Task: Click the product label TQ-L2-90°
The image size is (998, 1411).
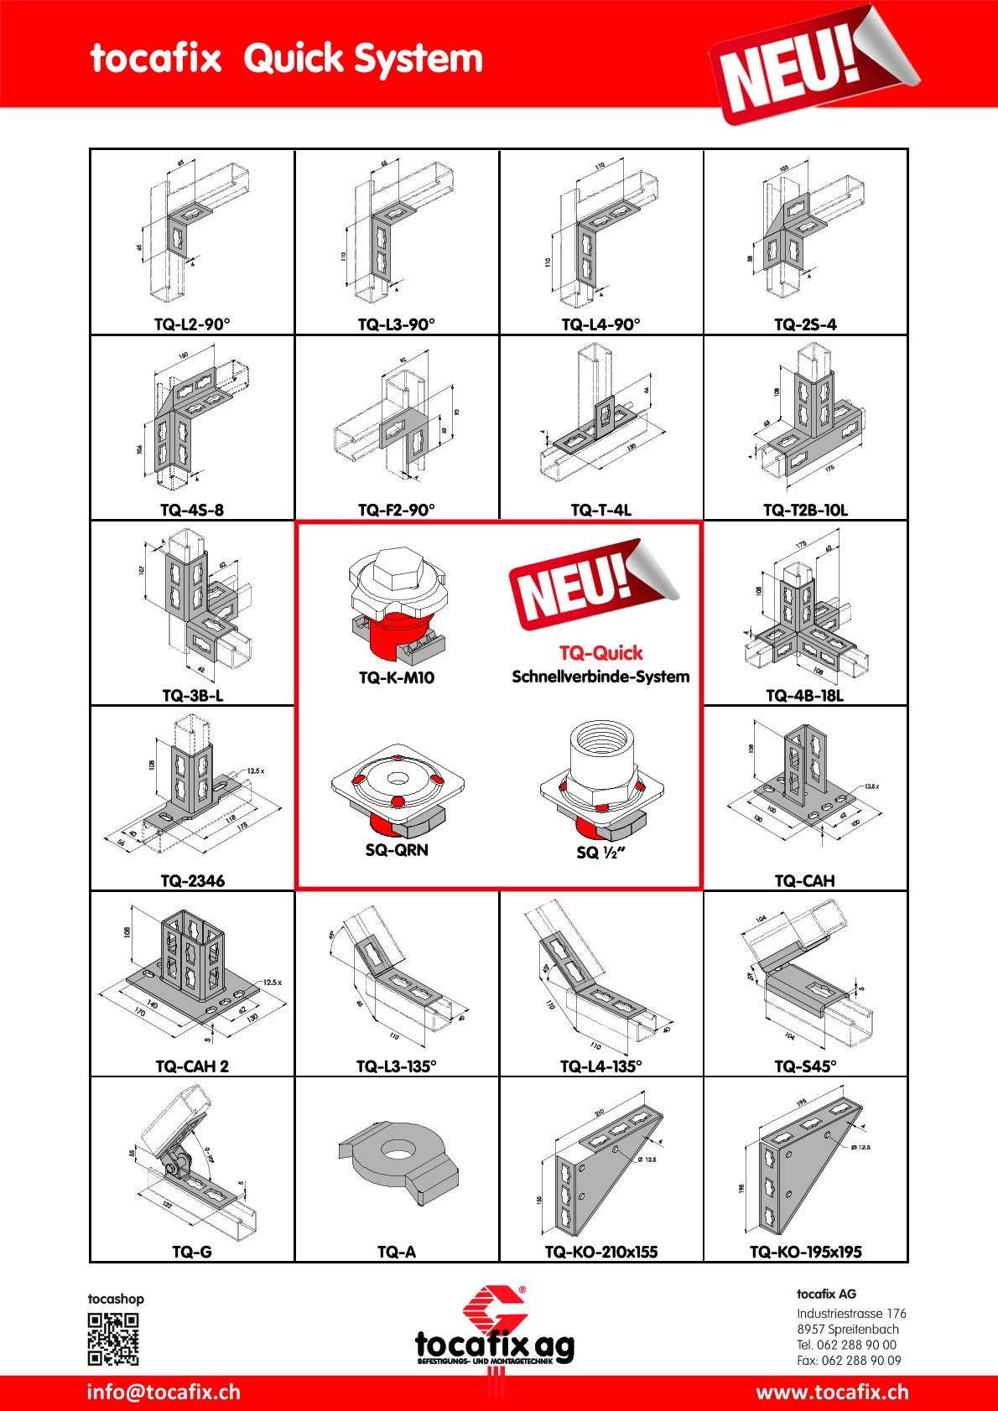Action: point(192,324)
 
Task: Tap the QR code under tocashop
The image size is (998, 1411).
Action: point(113,1339)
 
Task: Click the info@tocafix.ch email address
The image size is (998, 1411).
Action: point(164,1393)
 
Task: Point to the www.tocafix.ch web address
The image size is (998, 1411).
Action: point(832,1393)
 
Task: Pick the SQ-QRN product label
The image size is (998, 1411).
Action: point(397,850)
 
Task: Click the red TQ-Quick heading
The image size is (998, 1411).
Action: point(600,653)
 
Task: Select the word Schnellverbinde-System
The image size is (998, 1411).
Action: point(600,677)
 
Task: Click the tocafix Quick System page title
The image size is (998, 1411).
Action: point(286,59)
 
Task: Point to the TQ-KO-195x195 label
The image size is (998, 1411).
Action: point(805,1252)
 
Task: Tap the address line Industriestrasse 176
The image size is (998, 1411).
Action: point(851,1314)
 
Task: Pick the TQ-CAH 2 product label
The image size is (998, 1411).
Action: point(192,1066)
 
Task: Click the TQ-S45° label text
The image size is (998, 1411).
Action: point(805,1066)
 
